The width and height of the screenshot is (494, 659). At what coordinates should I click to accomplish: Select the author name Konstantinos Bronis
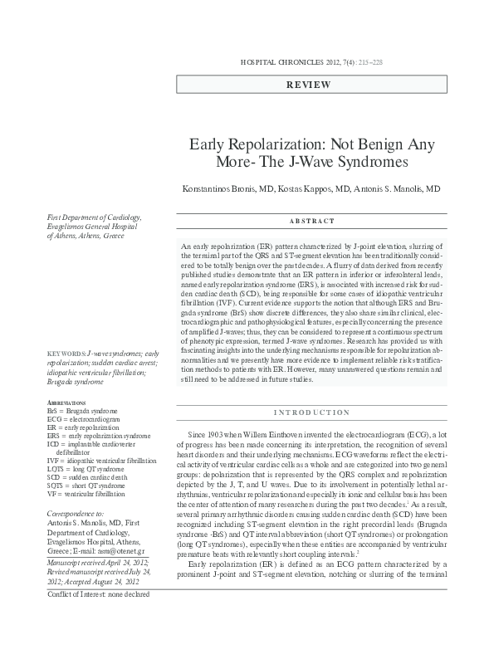coord(218,189)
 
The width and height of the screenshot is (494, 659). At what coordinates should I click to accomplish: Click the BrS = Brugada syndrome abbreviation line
coord(82,411)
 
